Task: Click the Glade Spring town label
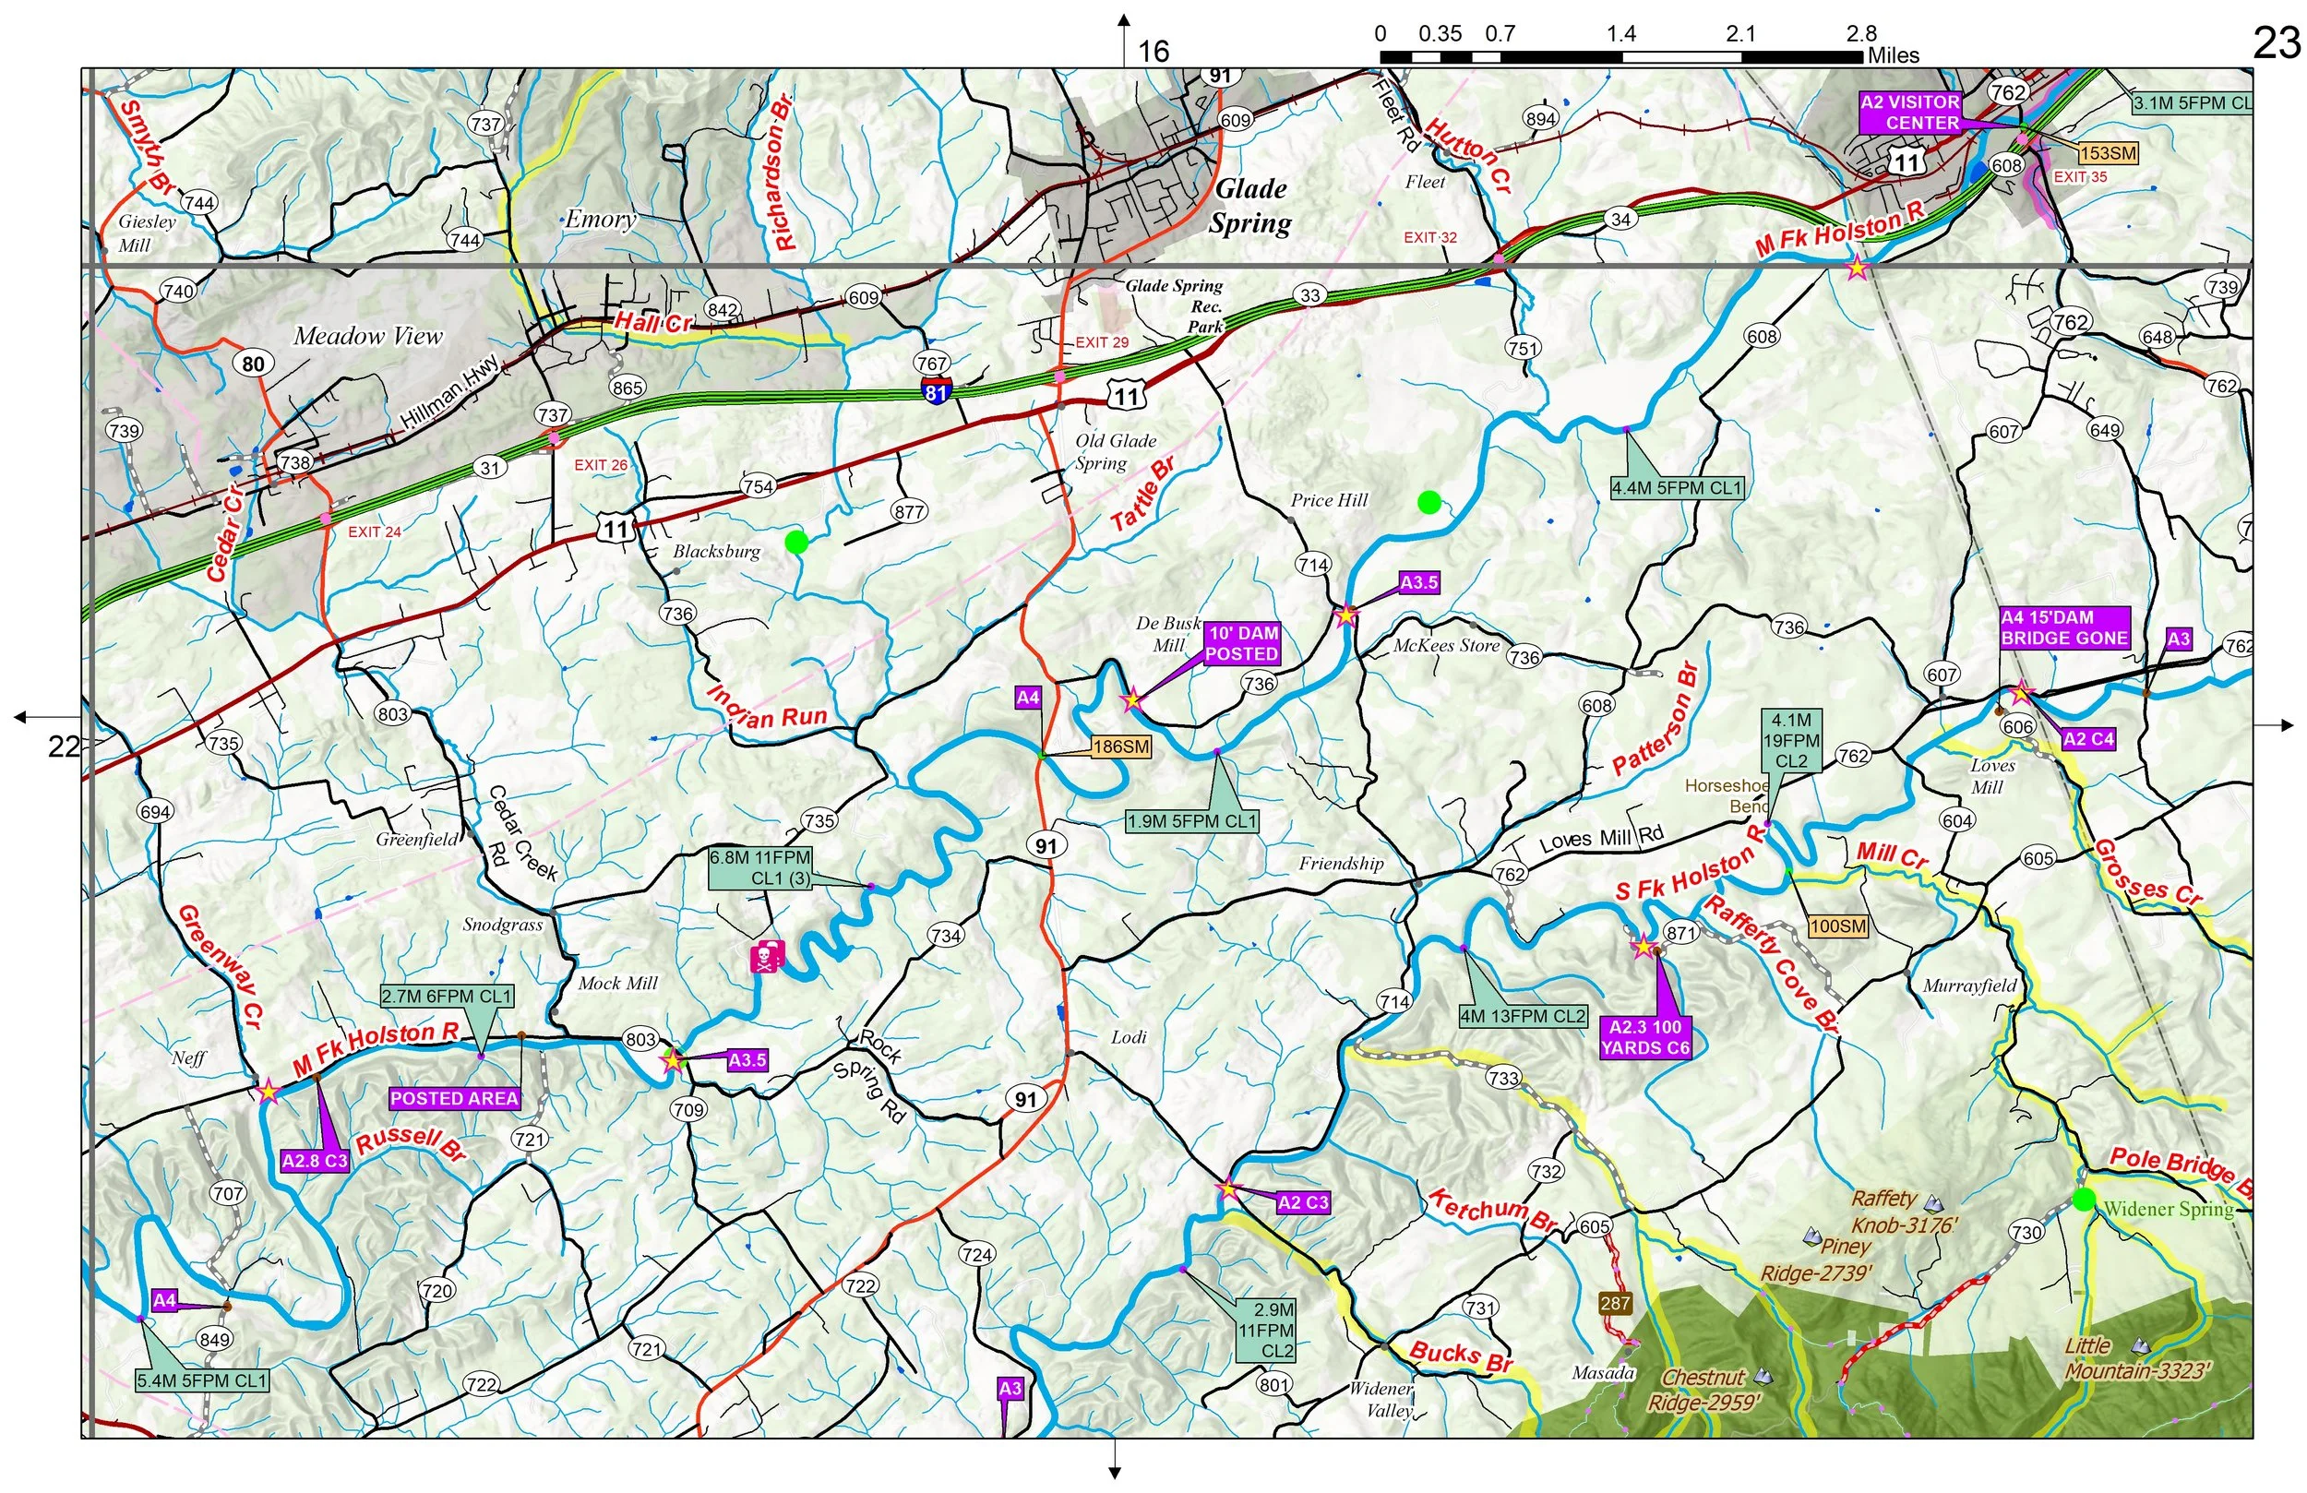[x=1250, y=207]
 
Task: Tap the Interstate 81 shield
[x=937, y=390]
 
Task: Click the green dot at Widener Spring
[x=2084, y=1200]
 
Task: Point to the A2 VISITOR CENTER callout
[x=1909, y=113]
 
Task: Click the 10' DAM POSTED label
[x=1243, y=644]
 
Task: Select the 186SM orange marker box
[x=1120, y=746]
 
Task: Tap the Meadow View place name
[x=367, y=337]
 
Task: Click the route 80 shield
[x=253, y=364]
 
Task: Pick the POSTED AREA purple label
[x=454, y=1098]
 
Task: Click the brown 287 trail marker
[x=1615, y=1303]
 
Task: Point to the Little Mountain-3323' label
[x=2137, y=1358]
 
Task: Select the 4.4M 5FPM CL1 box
[x=1677, y=487]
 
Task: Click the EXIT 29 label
[x=1102, y=342]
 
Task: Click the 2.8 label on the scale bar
[x=1861, y=34]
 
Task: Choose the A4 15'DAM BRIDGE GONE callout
[x=2064, y=628]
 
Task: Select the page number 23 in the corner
[x=2275, y=43]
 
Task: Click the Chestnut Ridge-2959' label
[x=1703, y=1390]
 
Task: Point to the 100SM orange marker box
[x=1838, y=926]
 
